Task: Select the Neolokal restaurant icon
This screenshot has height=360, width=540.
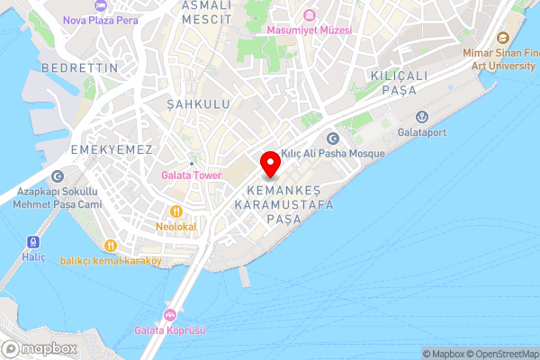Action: click(175, 211)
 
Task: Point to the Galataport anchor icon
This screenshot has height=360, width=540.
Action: click(420, 116)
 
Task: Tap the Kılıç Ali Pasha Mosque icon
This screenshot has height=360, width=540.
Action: click(333, 139)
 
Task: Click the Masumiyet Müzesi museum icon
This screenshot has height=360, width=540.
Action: click(310, 15)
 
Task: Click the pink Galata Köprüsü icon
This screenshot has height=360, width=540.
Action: click(169, 315)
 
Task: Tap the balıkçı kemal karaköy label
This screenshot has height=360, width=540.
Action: click(111, 261)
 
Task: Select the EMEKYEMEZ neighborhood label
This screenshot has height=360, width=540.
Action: click(112, 149)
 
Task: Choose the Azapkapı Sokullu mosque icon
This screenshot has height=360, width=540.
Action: click(58, 177)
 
